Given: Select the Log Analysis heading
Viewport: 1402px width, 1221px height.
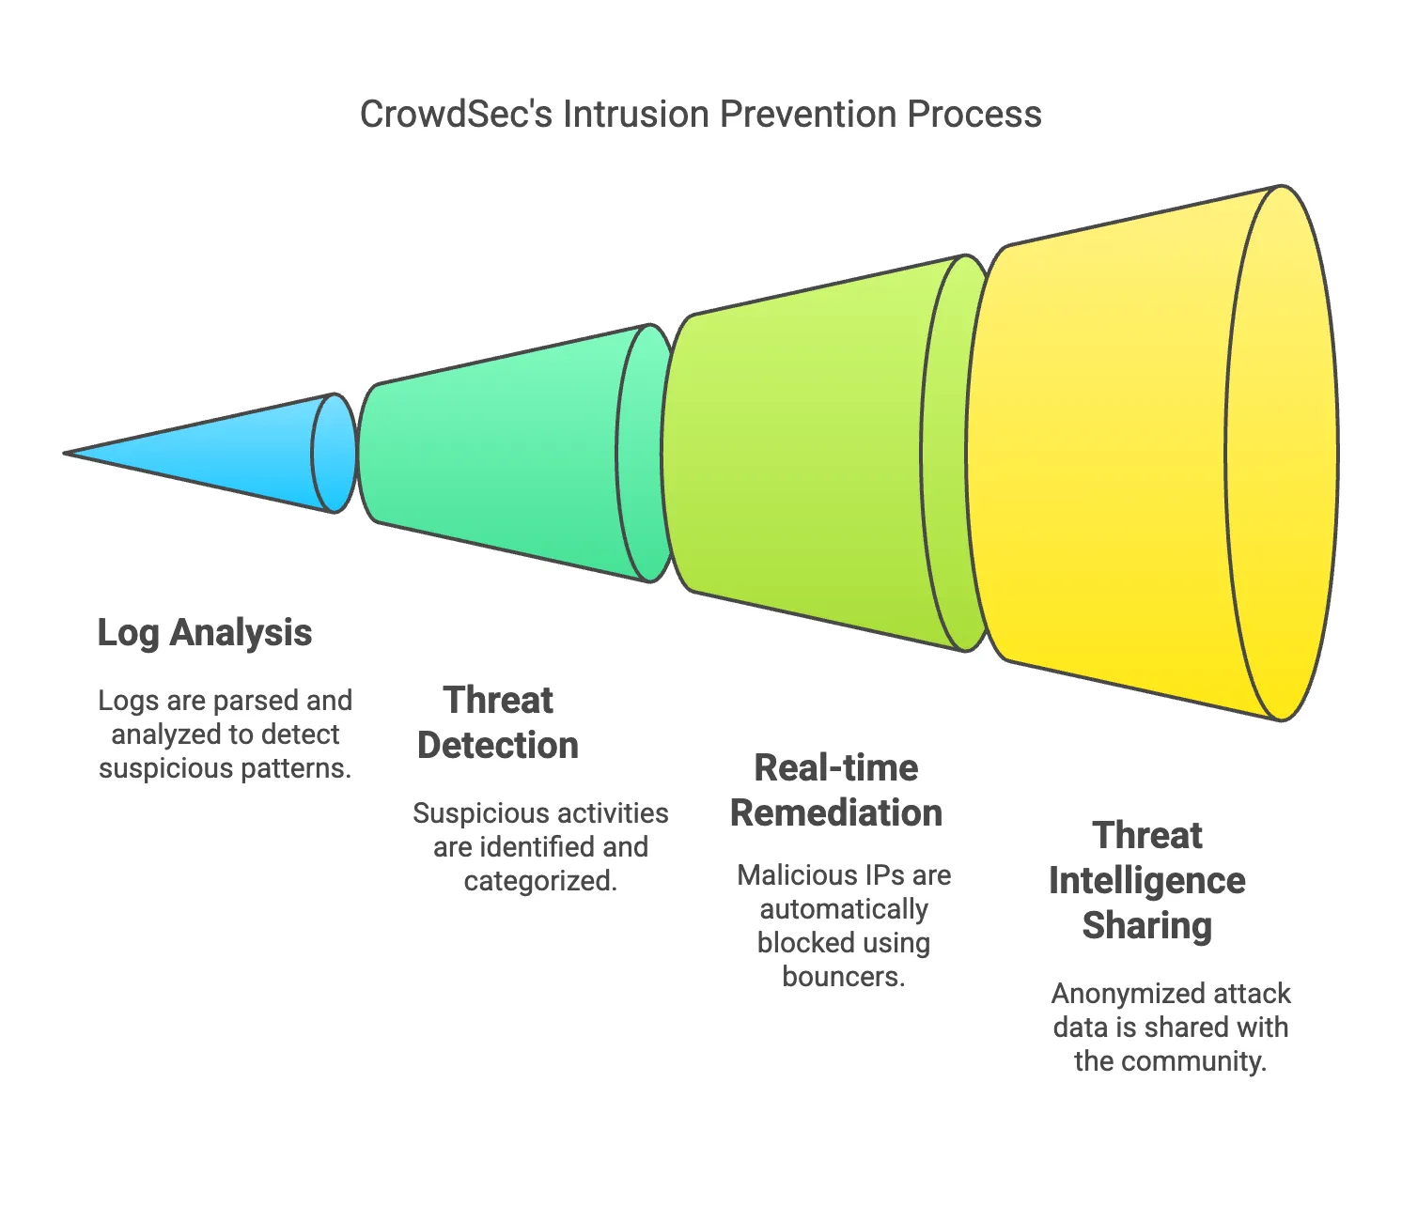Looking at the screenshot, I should coord(205,633).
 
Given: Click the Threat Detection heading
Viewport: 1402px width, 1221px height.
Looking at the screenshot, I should coord(498,723).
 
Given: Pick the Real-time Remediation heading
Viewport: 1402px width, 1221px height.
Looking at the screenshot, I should coord(836,791).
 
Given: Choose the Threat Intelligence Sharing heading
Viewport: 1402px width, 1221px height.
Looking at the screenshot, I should coord(1147,881).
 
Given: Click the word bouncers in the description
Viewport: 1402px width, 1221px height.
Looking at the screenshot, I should coord(843,977).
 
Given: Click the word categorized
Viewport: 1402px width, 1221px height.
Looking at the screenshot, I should coord(540,881).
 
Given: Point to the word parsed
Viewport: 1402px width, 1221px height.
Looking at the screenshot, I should coord(256,701).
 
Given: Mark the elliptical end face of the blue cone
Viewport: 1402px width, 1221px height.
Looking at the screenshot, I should coord(335,454).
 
